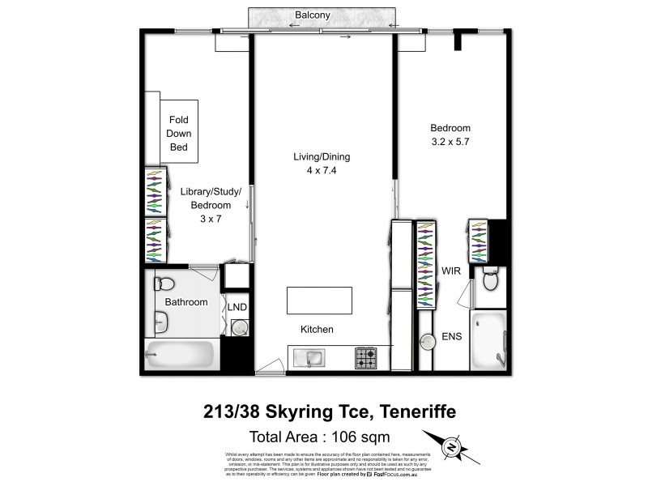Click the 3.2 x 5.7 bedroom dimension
tap(450, 142)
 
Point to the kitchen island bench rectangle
tap(318, 301)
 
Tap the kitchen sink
tap(311, 356)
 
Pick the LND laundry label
tap(237, 307)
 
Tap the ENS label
tap(451, 337)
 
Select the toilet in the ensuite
tap(490, 280)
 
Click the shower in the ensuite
tap(489, 339)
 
